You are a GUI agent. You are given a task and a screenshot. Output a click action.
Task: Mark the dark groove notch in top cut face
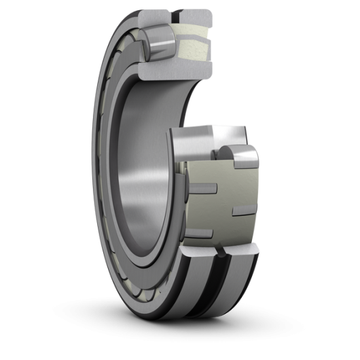(179, 11)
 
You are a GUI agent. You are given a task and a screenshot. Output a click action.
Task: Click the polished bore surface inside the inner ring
(139, 183)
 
